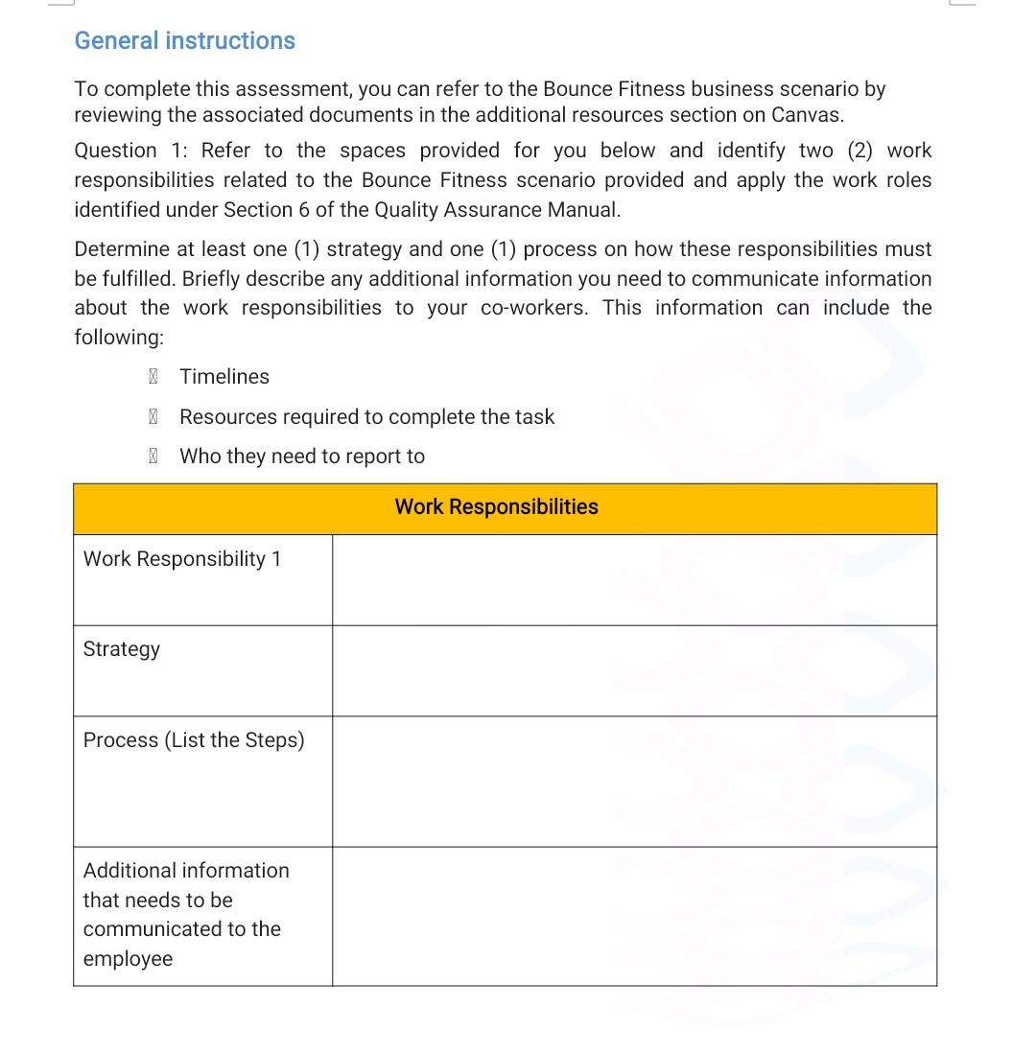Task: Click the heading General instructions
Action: (184, 40)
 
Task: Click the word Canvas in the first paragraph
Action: (807, 115)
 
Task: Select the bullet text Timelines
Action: (224, 377)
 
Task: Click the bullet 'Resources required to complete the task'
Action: (366, 417)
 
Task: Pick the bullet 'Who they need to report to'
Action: (301, 457)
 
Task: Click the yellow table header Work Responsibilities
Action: (496, 507)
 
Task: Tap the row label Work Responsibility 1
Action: (182, 559)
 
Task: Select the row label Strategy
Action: (122, 649)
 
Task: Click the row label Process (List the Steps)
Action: (194, 740)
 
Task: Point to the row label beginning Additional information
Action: (186, 871)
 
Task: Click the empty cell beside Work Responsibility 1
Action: (633, 580)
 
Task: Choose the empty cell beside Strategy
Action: (633, 670)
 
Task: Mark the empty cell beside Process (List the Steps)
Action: (633, 781)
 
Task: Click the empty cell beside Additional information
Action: (633, 916)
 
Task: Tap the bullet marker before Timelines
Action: (153, 377)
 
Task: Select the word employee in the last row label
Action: (128, 959)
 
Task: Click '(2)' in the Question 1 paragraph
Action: (859, 151)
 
